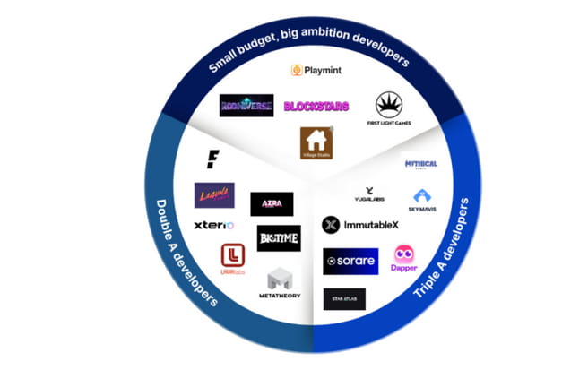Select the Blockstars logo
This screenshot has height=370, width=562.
[x=316, y=106]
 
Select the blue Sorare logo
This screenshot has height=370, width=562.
[x=350, y=261]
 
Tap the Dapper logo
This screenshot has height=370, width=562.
[x=405, y=259]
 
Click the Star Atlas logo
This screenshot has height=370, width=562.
[x=344, y=298]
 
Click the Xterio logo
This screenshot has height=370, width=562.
[x=213, y=225]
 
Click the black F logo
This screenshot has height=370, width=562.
[x=212, y=159]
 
